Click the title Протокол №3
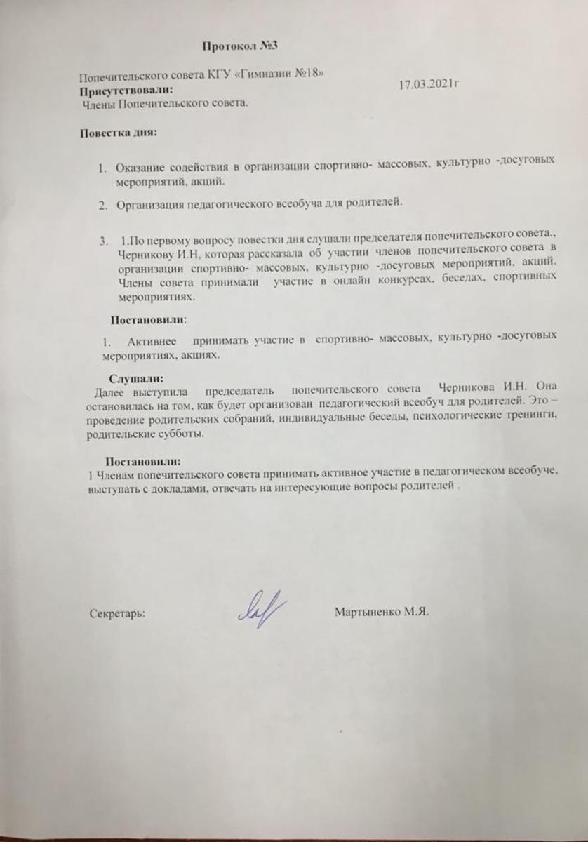coord(240,47)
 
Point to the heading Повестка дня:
coord(117,131)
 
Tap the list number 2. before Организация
coord(103,204)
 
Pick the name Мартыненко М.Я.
coord(382,611)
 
